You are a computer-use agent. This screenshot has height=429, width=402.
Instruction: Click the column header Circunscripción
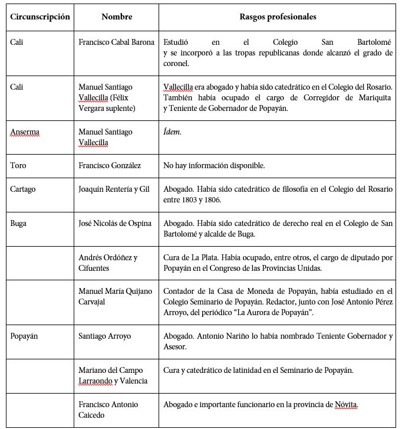coord(39,17)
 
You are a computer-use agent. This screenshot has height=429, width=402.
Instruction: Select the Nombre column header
coord(117,17)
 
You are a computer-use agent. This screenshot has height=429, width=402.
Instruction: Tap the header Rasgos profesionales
coord(278,17)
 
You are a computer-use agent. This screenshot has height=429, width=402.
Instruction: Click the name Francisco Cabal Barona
coord(117,42)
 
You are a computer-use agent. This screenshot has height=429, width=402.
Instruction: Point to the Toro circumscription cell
coord(18,166)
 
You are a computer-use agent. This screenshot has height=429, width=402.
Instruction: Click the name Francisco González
coord(110,166)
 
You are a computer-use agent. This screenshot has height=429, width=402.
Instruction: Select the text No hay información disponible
coord(214,166)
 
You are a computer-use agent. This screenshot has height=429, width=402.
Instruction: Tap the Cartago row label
coord(23,190)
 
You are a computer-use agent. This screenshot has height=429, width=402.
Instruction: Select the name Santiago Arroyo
coord(105,336)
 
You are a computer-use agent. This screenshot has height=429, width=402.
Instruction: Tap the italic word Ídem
coord(172,132)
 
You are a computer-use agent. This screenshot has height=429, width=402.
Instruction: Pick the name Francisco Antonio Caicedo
coord(108,410)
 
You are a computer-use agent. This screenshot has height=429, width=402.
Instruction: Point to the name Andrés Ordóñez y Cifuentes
coord(108,263)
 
